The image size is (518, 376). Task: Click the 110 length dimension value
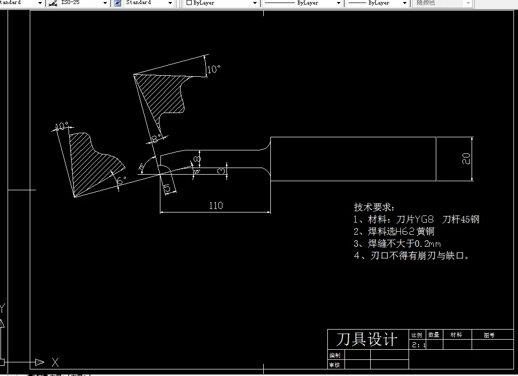click(215, 205)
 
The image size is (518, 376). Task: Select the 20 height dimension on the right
click(467, 158)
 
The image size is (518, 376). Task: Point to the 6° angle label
click(121, 180)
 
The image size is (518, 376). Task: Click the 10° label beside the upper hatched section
click(214, 70)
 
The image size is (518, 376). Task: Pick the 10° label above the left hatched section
click(62, 126)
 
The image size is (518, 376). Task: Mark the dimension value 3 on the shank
click(221, 172)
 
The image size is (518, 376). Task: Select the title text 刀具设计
click(367, 339)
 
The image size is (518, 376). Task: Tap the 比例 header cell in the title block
click(417, 335)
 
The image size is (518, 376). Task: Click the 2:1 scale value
click(419, 345)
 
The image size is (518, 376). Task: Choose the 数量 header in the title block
click(434, 335)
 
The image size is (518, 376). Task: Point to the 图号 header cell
click(489, 335)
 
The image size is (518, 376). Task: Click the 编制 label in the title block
click(334, 355)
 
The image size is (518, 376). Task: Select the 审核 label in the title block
click(334, 364)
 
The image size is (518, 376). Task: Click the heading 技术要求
click(375, 207)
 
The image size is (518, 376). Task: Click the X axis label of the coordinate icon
click(55, 362)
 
